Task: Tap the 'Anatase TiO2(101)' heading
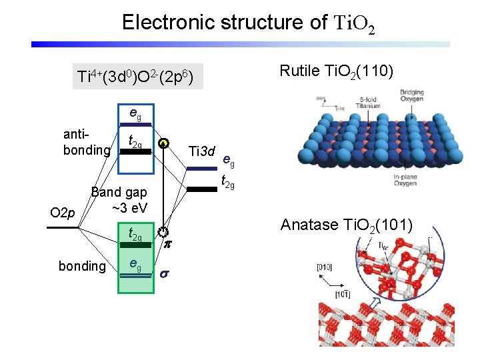(346, 225)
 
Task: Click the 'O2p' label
(63, 213)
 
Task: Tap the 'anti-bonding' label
(86, 142)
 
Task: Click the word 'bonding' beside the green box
(83, 267)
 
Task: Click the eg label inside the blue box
(135, 114)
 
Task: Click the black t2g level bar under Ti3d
(201, 189)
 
